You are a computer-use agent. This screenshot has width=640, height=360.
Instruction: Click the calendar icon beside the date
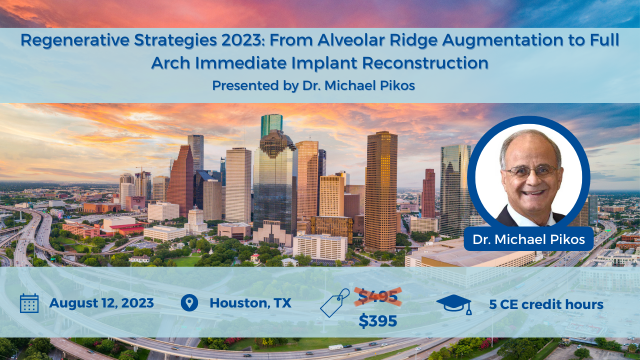29,303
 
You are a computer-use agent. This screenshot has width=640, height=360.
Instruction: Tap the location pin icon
189,303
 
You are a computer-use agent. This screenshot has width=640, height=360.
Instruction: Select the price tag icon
335,303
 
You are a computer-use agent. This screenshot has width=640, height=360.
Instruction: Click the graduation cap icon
454,304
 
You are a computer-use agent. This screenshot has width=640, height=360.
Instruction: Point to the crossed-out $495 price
378,296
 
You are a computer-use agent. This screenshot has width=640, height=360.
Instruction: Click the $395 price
377,320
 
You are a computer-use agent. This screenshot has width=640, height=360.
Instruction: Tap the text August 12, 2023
101,303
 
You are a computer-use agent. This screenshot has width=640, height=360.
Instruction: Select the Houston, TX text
250,303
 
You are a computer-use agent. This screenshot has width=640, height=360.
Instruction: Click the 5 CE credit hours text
546,304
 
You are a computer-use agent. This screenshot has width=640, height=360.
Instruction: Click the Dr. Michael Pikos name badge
528,239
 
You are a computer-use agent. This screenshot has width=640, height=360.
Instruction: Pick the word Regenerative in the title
75,40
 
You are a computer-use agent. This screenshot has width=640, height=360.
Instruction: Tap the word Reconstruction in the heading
425,63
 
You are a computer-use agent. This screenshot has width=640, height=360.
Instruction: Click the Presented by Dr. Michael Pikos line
313,85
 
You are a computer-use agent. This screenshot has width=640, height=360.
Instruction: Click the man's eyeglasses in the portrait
531,171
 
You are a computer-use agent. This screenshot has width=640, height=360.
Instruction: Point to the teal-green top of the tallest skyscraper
271,125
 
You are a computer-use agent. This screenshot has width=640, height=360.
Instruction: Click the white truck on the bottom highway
335,347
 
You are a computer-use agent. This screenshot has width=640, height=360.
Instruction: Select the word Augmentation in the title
502,40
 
